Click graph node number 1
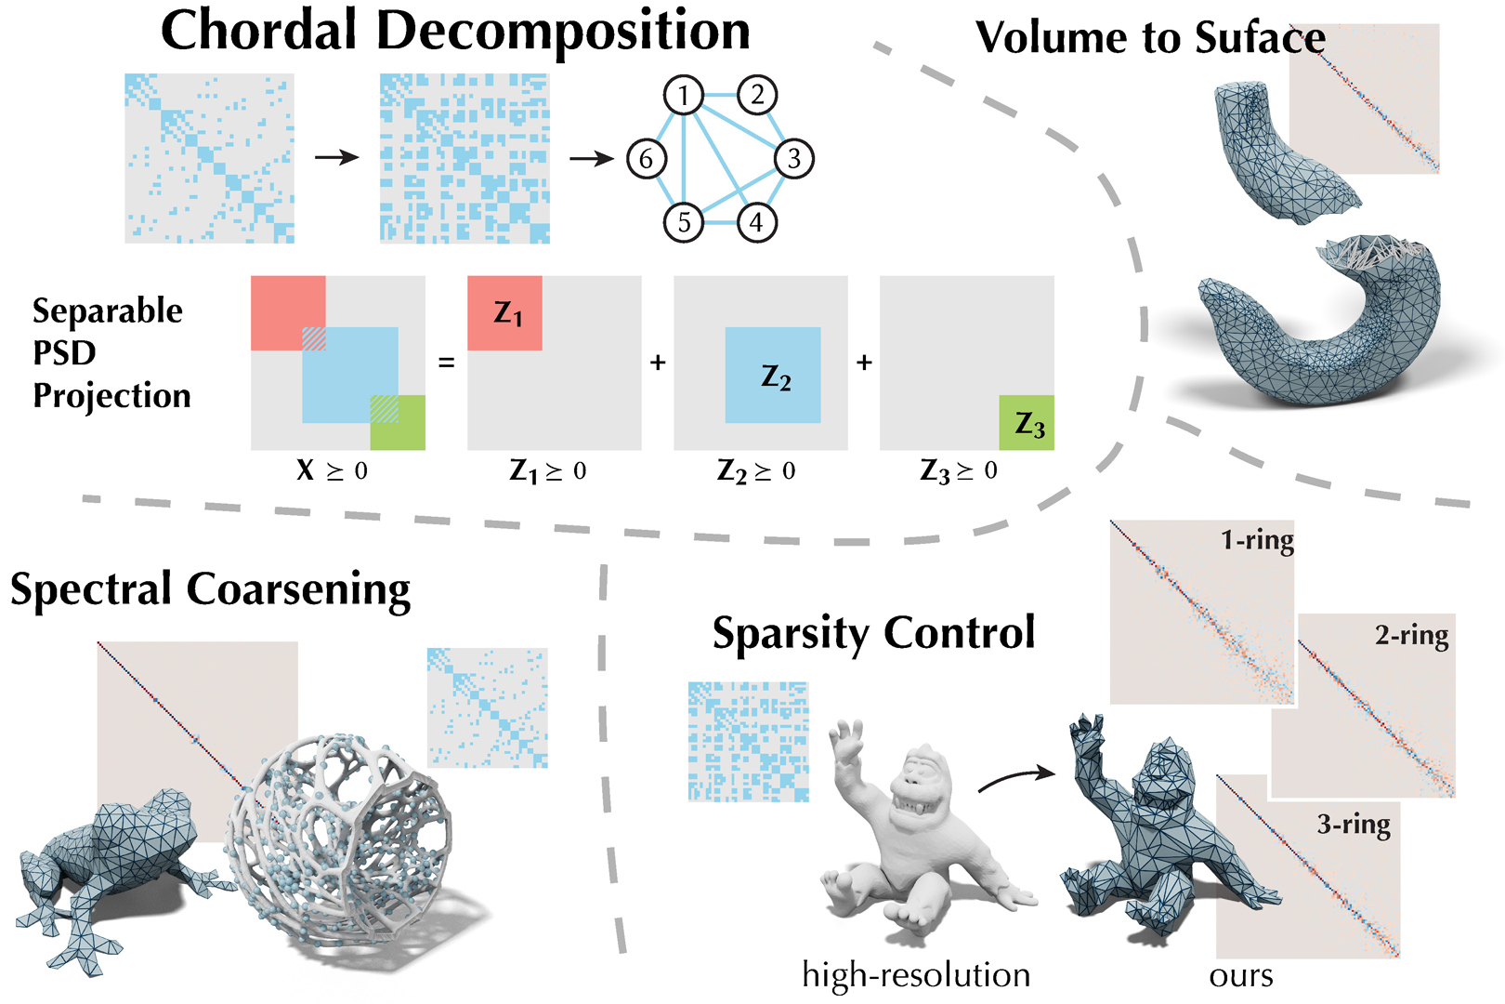[684, 95]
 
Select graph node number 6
[646, 159]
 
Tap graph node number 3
[793, 159]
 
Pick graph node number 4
[756, 222]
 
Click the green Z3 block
[1027, 423]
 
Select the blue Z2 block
[773, 376]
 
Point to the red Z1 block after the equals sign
[504, 313]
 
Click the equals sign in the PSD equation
[447, 363]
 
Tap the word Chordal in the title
[259, 31]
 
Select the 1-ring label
[1257, 540]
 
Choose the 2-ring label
[1411, 636]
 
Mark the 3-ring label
[1354, 825]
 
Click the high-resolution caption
[916, 975]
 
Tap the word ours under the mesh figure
[1241, 976]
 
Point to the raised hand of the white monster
[848, 744]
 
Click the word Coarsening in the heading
[298, 590]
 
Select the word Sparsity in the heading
[792, 634]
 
